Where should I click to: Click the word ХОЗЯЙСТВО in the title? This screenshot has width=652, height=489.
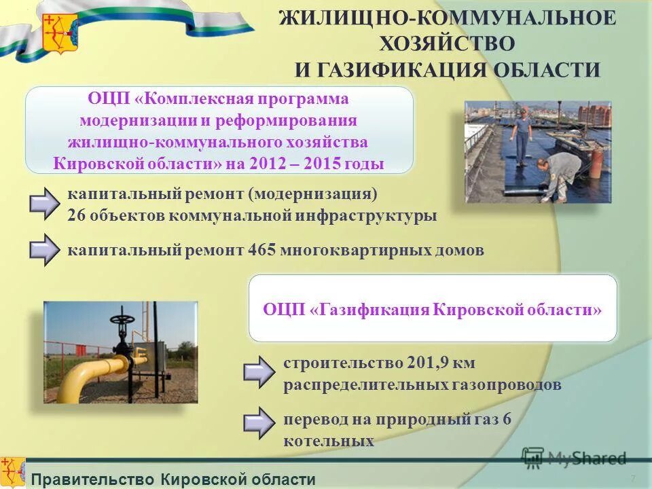(x=447, y=43)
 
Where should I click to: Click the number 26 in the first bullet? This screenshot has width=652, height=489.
(x=76, y=216)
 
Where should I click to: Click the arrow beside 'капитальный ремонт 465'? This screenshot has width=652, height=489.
(x=46, y=249)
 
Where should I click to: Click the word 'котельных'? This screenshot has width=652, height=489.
(x=329, y=441)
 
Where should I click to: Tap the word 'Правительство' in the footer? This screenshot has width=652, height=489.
(x=93, y=479)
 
